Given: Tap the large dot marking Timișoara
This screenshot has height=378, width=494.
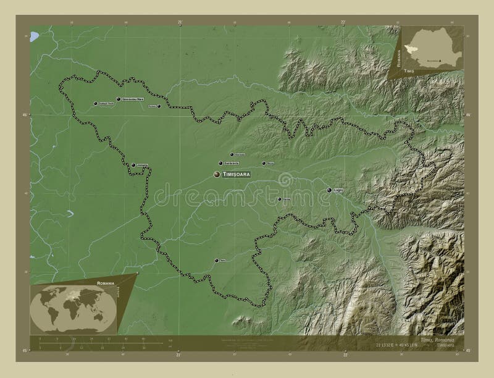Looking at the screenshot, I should (x=217, y=175).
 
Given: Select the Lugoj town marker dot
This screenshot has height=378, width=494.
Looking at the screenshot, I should (x=329, y=190).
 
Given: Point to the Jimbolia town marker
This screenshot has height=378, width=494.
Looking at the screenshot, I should (x=133, y=165).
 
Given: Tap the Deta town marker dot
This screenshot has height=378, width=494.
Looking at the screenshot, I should (x=216, y=261).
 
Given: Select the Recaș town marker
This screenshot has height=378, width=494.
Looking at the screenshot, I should (x=264, y=164).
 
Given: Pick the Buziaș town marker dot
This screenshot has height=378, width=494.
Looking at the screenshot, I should (x=279, y=199).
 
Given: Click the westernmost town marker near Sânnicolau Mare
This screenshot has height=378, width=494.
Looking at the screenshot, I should (x=95, y=104).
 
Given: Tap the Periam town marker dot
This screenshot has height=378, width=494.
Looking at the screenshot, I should (x=159, y=106).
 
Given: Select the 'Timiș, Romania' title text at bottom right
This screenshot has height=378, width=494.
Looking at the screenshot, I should (x=436, y=340).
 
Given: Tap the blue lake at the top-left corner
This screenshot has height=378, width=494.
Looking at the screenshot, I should (x=34, y=39).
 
